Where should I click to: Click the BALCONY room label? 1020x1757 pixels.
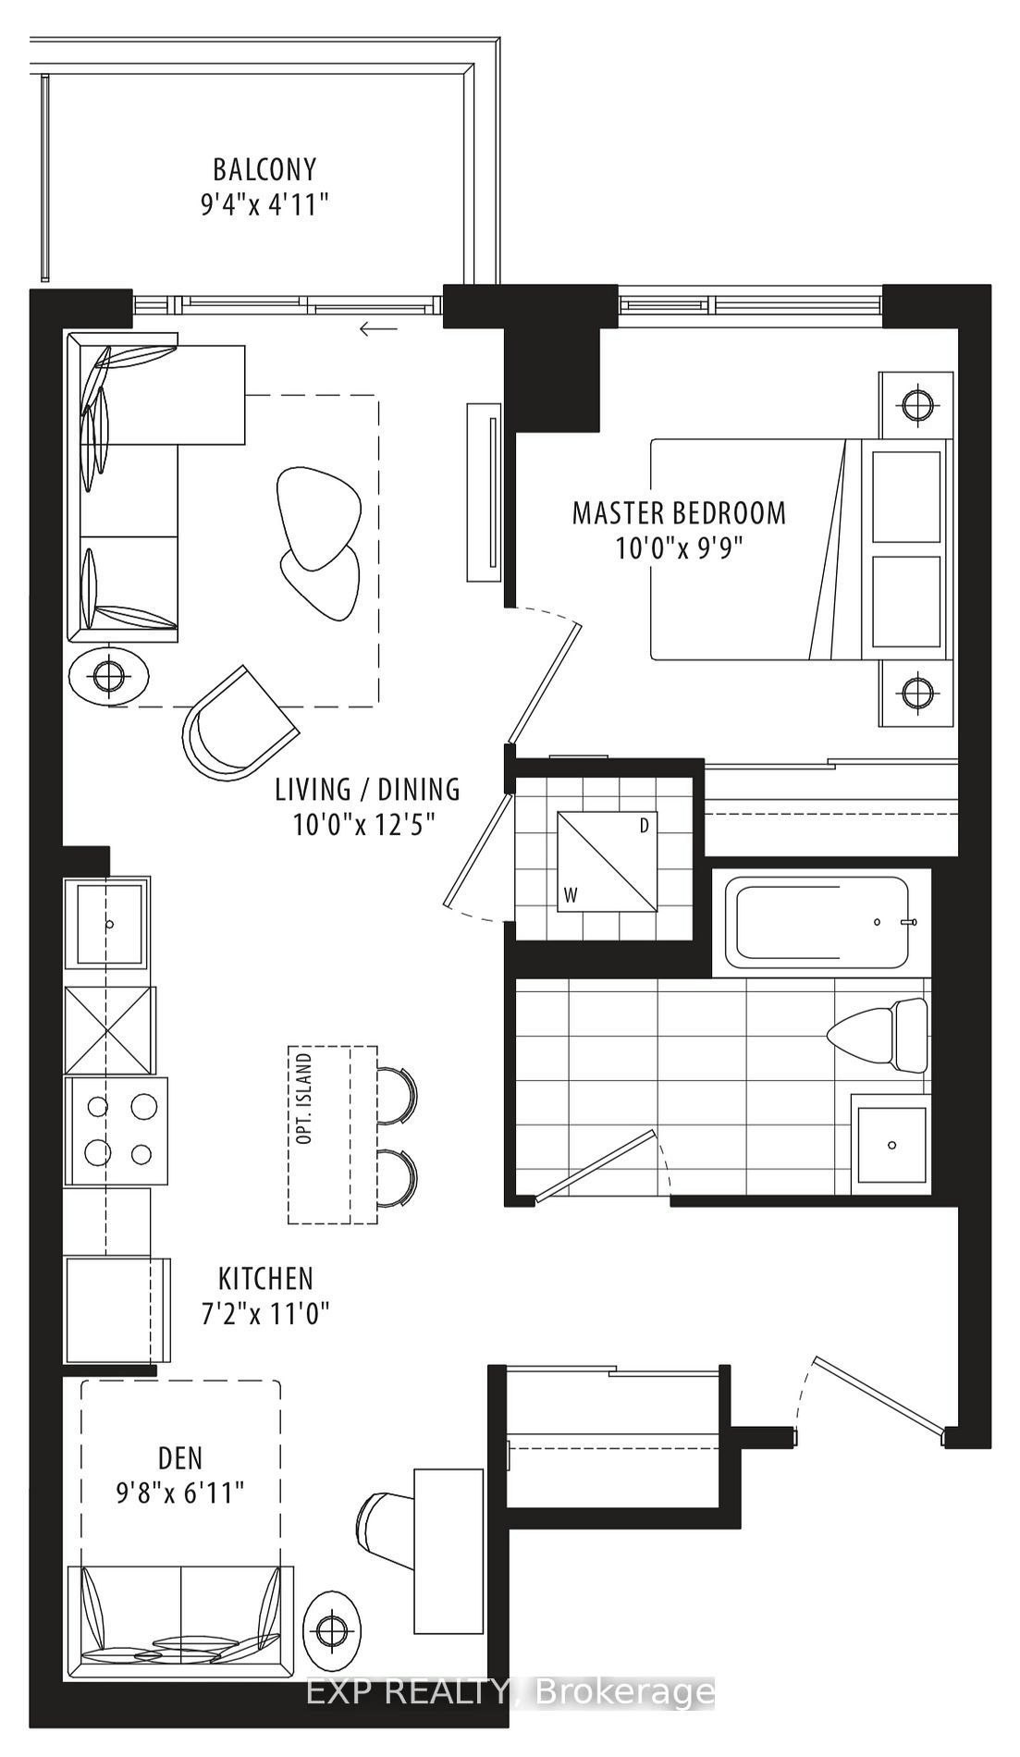(x=264, y=169)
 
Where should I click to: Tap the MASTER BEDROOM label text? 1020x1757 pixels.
(x=679, y=512)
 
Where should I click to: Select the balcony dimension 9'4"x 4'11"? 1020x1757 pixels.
(x=264, y=204)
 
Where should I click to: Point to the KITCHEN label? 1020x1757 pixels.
(x=265, y=1278)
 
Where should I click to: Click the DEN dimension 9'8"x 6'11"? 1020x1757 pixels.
(x=180, y=1492)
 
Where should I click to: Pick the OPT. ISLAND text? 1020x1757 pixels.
(x=304, y=1098)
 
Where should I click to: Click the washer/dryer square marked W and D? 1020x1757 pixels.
(x=607, y=862)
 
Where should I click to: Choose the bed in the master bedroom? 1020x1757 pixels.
(x=801, y=549)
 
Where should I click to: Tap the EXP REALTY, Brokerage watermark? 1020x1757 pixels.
(x=510, y=1692)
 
